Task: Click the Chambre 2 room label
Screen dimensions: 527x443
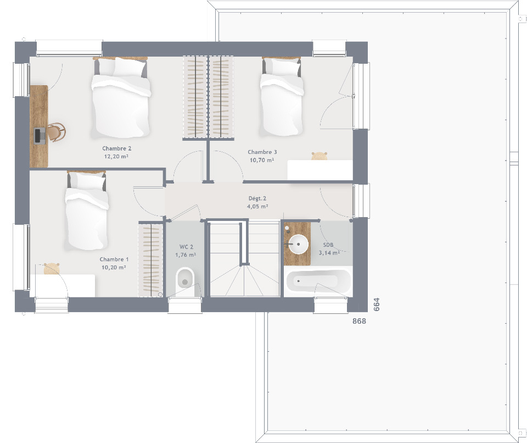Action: (x=116, y=148)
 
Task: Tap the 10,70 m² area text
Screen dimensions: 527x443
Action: (x=261, y=160)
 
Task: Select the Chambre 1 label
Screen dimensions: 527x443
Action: (x=114, y=259)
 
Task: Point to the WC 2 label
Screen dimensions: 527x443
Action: (x=186, y=247)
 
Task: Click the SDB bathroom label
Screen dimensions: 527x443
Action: (x=328, y=245)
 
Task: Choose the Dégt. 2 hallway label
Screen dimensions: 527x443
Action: (x=257, y=198)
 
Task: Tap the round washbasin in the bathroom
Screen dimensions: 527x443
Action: (x=299, y=244)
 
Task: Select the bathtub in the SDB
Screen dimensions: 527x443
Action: (x=318, y=281)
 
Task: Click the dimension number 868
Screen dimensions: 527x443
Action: (x=359, y=321)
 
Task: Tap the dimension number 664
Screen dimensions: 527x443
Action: (x=377, y=304)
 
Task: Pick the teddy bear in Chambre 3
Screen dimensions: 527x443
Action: (x=319, y=156)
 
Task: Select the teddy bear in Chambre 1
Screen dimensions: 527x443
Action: (x=52, y=269)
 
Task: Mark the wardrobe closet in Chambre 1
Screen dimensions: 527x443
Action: (x=150, y=259)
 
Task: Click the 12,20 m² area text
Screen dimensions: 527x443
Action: (x=116, y=157)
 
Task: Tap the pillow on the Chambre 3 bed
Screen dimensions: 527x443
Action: (x=282, y=67)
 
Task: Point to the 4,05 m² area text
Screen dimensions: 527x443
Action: (x=257, y=207)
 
